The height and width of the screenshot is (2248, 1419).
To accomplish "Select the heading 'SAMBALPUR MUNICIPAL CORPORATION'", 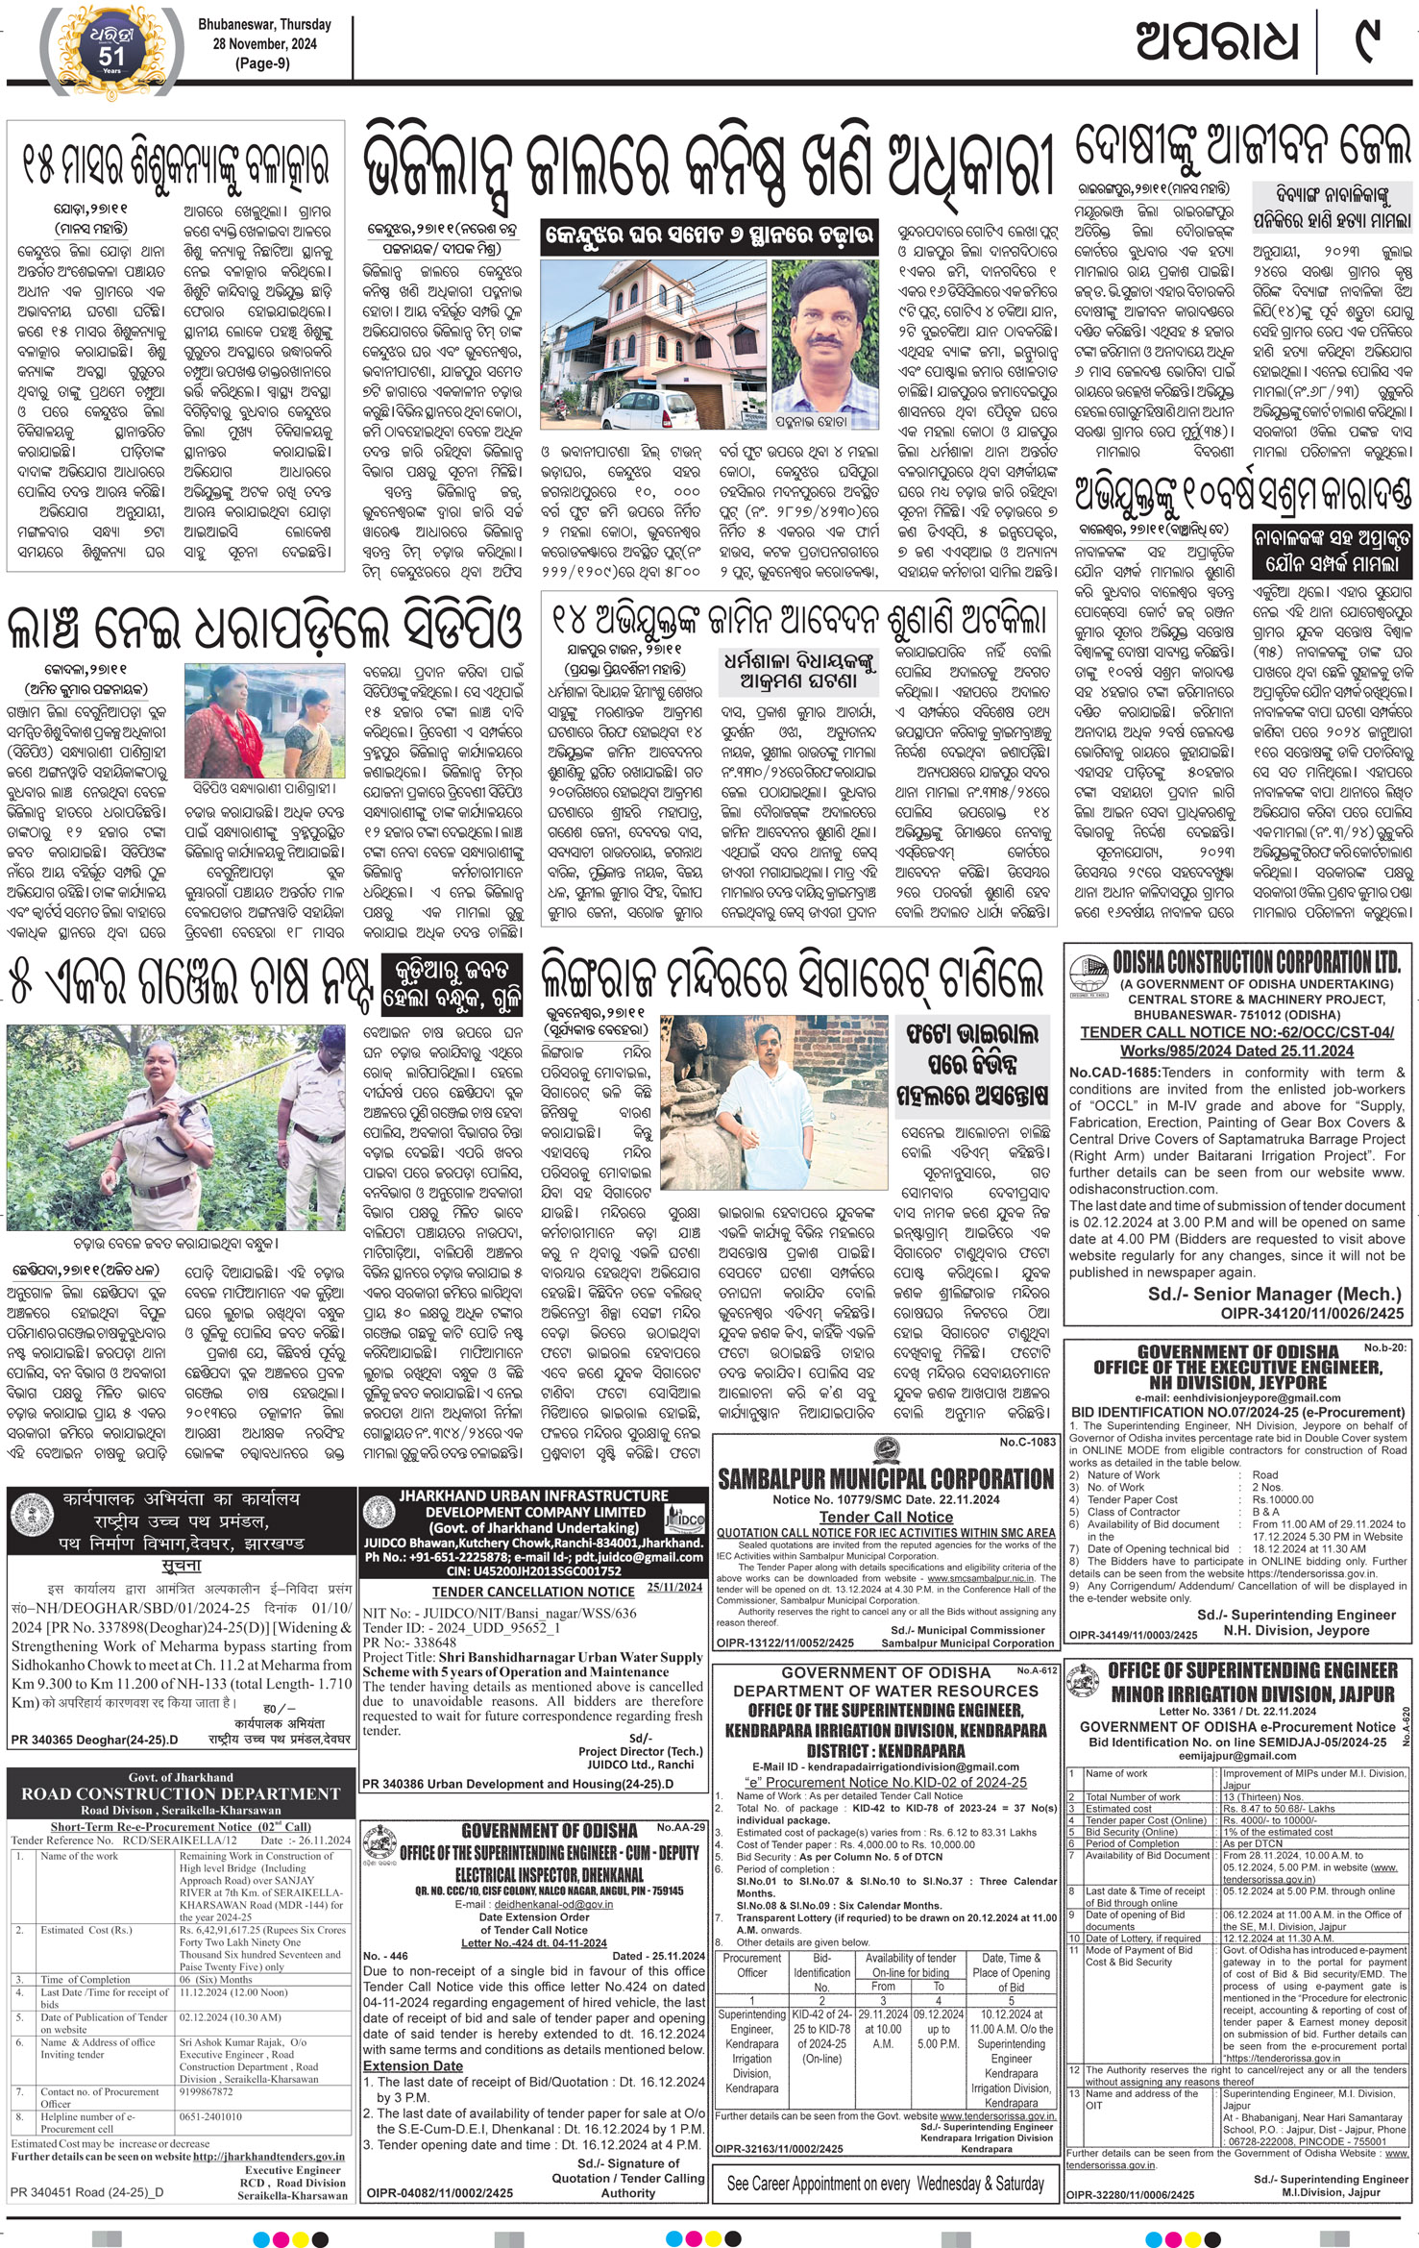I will pos(885,1479).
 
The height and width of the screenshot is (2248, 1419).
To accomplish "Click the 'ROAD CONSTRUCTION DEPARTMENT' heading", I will pos(181,1793).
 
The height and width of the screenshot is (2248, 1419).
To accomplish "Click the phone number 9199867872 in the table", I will pos(207,2091).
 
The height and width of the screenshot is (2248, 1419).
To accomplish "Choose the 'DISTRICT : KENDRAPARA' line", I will pos(885,1751).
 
